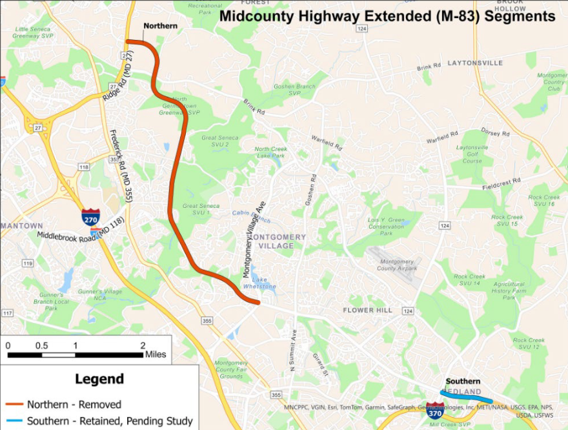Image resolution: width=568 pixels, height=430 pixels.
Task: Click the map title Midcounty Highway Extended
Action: coord(387,16)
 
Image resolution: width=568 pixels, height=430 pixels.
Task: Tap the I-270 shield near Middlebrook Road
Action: coord(90,217)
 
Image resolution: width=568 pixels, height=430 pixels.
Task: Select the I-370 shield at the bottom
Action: coord(435,410)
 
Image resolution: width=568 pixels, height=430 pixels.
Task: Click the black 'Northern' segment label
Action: coord(160,26)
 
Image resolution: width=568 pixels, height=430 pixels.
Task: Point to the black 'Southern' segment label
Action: coord(463,381)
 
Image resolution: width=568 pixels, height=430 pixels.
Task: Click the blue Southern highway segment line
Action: coord(466,396)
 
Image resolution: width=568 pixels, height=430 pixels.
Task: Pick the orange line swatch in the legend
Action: coord(14,405)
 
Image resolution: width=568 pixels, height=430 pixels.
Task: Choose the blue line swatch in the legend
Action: coord(14,422)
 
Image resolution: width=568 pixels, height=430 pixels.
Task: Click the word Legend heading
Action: coord(99,379)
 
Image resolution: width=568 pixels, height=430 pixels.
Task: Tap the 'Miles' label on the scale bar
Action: coord(156,354)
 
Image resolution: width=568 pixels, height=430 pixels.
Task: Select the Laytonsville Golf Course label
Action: coord(472,156)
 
